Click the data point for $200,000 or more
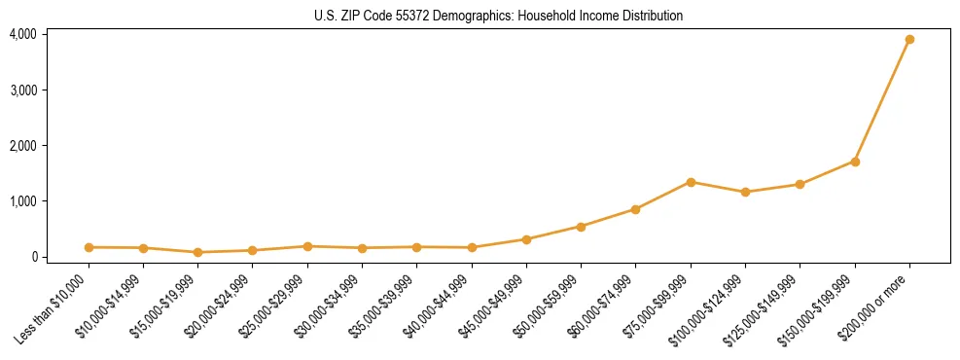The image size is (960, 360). [909, 40]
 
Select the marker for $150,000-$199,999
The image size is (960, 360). [855, 162]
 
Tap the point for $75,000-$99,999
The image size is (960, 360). [691, 182]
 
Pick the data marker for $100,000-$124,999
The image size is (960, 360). [745, 192]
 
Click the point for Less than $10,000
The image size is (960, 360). [89, 247]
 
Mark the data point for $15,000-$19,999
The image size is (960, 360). [198, 252]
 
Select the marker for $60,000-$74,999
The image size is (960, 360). [635, 209]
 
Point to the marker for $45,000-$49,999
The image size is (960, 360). [526, 239]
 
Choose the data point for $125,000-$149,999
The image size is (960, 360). [800, 184]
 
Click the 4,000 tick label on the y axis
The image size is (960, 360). [22, 34]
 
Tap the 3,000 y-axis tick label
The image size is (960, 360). [22, 90]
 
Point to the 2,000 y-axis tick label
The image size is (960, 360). [22, 146]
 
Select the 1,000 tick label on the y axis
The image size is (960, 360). [22, 201]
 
